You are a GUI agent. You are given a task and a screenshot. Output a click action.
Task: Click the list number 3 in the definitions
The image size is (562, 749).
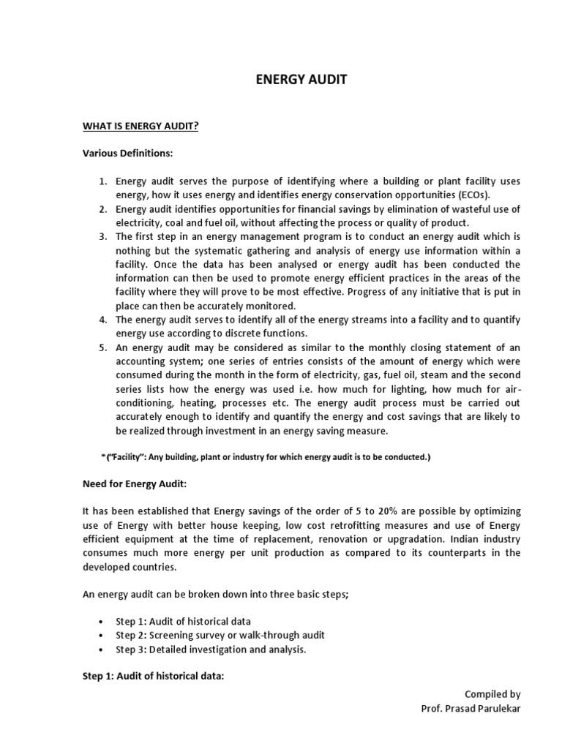point(103,236)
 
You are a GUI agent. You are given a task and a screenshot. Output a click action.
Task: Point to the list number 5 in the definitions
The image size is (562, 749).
point(103,347)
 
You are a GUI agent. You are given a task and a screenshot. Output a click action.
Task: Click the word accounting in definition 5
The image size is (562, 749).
point(142,361)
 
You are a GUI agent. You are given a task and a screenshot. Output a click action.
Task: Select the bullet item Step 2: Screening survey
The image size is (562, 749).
point(220,635)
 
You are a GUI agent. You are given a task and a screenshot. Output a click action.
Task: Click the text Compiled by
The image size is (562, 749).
point(492,694)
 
